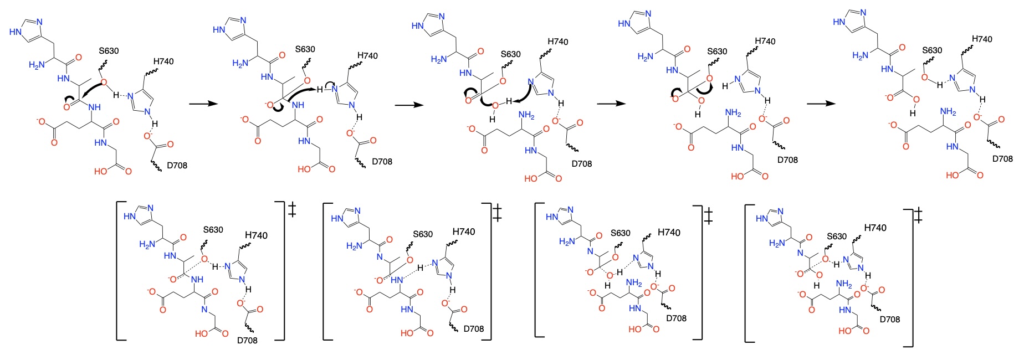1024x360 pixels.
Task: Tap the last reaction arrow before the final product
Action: (820, 104)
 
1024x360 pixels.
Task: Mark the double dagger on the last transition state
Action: (918, 215)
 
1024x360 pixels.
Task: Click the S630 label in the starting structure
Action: (109, 51)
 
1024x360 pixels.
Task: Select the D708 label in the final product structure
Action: (1002, 159)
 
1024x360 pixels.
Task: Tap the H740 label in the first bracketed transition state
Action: (256, 235)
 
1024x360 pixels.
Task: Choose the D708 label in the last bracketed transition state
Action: (889, 319)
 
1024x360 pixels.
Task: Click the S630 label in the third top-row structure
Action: (510, 54)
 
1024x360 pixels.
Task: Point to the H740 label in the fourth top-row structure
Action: (765, 42)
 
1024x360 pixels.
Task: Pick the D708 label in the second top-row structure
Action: (382, 162)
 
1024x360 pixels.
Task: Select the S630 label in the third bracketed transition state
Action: (620, 233)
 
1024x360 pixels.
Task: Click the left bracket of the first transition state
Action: (118, 270)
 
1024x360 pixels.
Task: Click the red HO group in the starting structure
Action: (100, 171)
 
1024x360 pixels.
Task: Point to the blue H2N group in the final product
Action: (860, 55)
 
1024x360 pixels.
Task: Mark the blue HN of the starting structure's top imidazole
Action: (16, 32)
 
